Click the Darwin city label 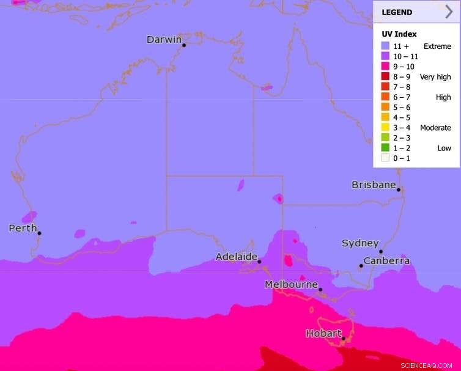(x=164, y=40)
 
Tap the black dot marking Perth (x=39, y=233)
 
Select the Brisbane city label (x=374, y=185)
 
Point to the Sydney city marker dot (x=380, y=251)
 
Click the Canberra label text (x=386, y=261)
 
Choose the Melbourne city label (x=291, y=284)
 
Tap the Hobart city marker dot (x=344, y=339)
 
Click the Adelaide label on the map (x=236, y=257)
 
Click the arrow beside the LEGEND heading (x=449, y=12)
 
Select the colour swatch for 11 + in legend (x=385, y=46)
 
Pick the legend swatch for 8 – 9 (x=385, y=77)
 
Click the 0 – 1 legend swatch (x=385, y=158)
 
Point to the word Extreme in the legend (x=437, y=46)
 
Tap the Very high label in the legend (x=435, y=77)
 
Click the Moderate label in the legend (x=435, y=128)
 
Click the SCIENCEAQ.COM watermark (x=426, y=365)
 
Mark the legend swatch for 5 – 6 (x=385, y=107)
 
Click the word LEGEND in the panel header (x=397, y=12)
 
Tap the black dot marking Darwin (x=184, y=45)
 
